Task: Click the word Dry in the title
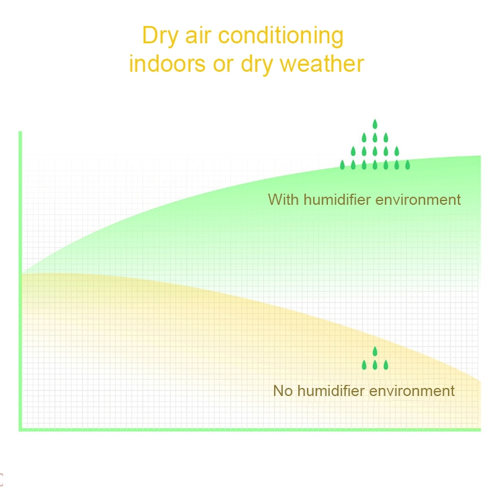pyautogui.click(x=160, y=36)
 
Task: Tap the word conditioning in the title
pyautogui.click(x=281, y=36)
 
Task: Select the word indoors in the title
pyautogui.click(x=167, y=64)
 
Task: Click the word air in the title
pyautogui.click(x=198, y=35)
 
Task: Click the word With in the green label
pyautogui.click(x=283, y=199)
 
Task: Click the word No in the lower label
pyautogui.click(x=283, y=391)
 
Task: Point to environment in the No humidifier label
pyautogui.click(x=412, y=392)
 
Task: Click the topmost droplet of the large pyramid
pyautogui.click(x=375, y=124)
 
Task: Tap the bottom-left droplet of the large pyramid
pyautogui.click(x=342, y=165)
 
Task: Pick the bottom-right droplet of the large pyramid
pyautogui.click(x=408, y=165)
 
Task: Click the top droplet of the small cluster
pyautogui.click(x=375, y=351)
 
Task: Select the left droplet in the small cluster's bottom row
pyautogui.click(x=364, y=365)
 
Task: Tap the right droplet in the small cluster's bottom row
pyautogui.click(x=385, y=365)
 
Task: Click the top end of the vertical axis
pyautogui.click(x=20, y=132)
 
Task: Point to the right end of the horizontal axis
pyautogui.click(x=480, y=429)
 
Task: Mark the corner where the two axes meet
pyautogui.click(x=20, y=429)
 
